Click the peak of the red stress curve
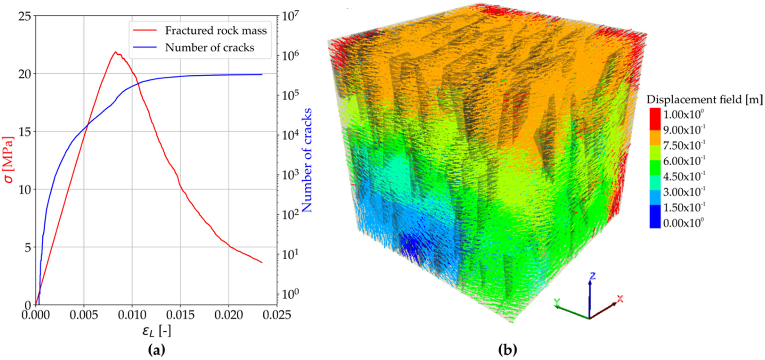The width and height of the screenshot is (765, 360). (115, 52)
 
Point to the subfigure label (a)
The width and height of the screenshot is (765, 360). (156, 350)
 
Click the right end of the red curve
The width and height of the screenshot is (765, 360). (262, 262)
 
